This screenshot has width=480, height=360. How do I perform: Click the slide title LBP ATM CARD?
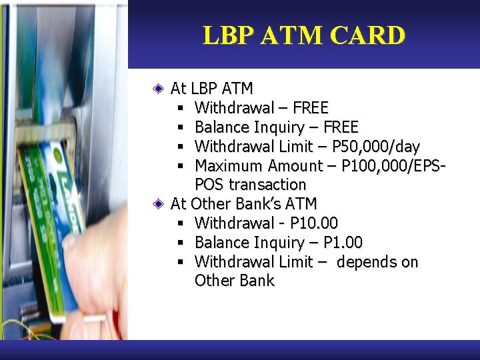pos(304,35)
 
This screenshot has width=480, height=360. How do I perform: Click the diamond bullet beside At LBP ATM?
pos(157,88)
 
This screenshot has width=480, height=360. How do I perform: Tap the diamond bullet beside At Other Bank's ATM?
pos(157,203)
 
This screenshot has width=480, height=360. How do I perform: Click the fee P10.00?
pos(315,223)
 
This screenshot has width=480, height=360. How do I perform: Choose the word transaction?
pos(267,185)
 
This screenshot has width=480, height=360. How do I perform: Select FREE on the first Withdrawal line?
pos(310,107)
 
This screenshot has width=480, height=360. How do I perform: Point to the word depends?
pos(364,262)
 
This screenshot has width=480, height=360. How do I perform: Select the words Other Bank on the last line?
pos(234,281)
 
